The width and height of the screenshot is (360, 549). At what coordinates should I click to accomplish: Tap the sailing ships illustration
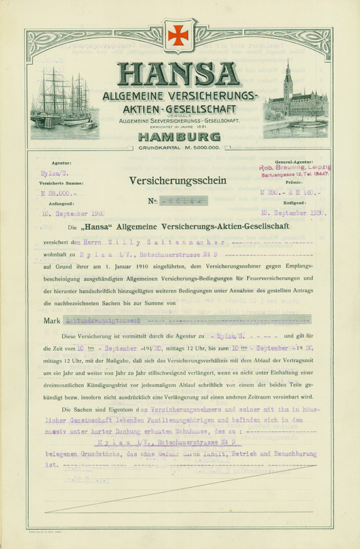[x=64, y=98]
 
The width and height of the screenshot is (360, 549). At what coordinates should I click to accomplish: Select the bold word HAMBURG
[x=179, y=138]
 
